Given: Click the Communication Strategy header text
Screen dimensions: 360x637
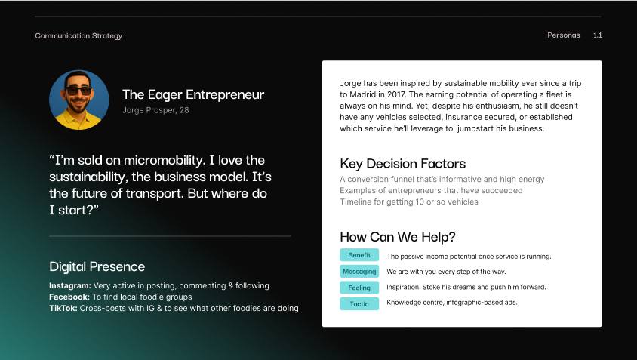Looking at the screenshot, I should tap(78, 36).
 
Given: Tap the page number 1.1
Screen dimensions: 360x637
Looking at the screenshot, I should tap(597, 35).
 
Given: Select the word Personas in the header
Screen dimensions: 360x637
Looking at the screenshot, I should tap(563, 35).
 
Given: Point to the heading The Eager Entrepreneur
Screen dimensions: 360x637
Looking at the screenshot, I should tap(193, 95).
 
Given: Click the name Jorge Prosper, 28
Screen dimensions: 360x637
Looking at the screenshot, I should tap(155, 111).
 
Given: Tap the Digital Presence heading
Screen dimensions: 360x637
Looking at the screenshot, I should tap(97, 266).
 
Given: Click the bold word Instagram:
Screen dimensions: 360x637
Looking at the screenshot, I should tap(69, 286).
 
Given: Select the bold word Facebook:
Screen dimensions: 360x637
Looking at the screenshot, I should tap(69, 297).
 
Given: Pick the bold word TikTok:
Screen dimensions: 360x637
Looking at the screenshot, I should tap(64, 308).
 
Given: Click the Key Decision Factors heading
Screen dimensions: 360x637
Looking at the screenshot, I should tap(402, 164).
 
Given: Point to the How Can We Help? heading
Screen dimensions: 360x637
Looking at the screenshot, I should tap(398, 236).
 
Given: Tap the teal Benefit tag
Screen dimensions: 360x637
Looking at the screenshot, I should tap(359, 255).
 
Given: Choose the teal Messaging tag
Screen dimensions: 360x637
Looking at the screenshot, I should tap(359, 271).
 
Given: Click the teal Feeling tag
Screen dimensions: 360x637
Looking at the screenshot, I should tap(359, 288).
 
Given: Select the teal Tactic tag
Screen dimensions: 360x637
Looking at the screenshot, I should tap(359, 303).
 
